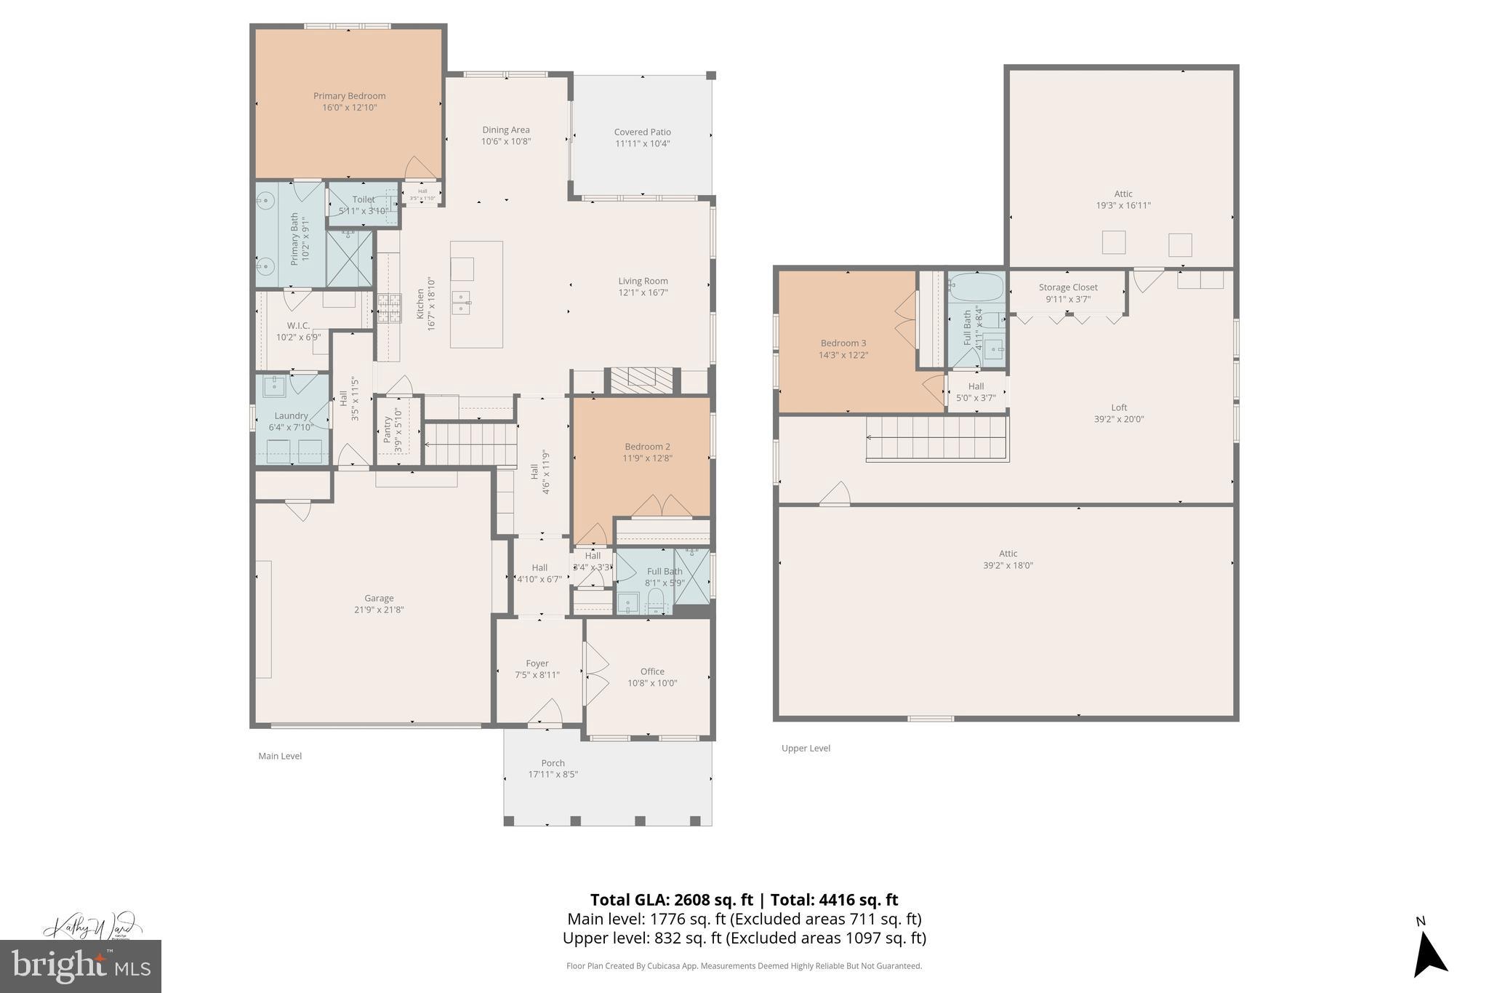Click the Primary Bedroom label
[349, 96]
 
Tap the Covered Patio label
[642, 132]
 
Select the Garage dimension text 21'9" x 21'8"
[379, 610]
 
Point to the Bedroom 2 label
[647, 447]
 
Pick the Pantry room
[398, 430]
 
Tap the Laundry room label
[291, 416]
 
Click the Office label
[652, 671]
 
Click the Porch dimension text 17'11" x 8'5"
[553, 774]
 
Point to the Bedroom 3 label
[843, 343]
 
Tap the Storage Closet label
[1068, 287]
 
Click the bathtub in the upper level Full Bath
[976, 288]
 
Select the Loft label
[1119, 407]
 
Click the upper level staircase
[936, 438]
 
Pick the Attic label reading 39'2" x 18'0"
[1008, 565]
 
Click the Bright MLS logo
[81, 966]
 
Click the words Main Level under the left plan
[280, 756]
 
